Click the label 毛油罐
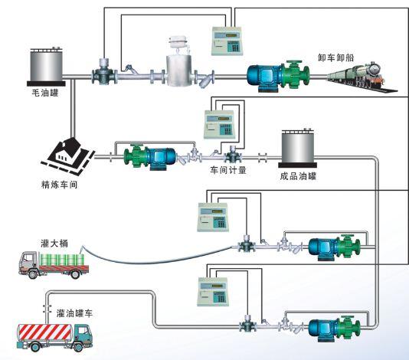point(45,93)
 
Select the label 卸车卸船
point(335,57)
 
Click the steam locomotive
point(362,77)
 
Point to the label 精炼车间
point(60,185)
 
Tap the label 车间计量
point(228,170)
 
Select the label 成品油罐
point(298,176)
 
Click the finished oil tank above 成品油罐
point(298,148)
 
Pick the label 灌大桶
point(54,244)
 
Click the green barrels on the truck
point(62,260)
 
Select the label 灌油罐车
point(74,313)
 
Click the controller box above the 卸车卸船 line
point(227,41)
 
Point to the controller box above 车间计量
point(219,124)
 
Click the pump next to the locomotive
point(278,76)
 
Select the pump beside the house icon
point(150,157)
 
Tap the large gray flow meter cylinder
point(179,70)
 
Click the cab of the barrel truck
point(29,262)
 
